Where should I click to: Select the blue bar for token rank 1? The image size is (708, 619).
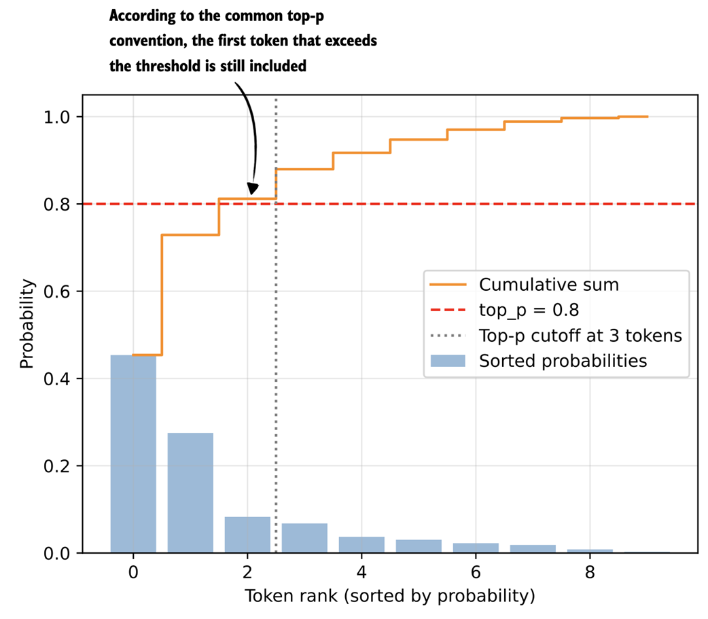click(190, 493)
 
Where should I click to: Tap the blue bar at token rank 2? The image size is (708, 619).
click(247, 535)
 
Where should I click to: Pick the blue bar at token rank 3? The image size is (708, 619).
click(304, 538)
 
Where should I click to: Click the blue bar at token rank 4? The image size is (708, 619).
click(361, 545)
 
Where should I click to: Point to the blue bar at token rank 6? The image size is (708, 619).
click(476, 548)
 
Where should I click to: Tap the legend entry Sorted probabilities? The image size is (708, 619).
click(563, 361)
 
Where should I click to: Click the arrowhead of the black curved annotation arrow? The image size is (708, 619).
click(253, 189)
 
